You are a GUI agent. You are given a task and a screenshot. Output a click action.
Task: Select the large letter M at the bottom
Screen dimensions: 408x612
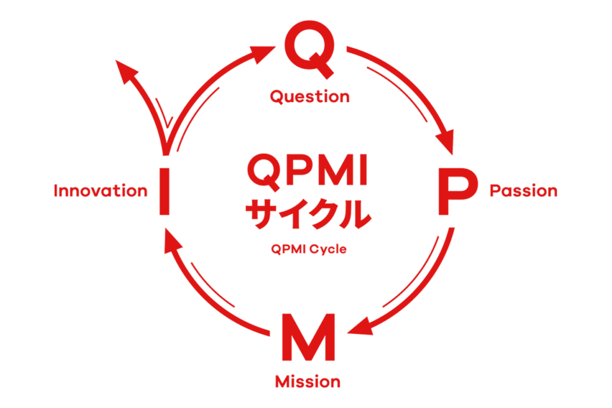click(x=308, y=339)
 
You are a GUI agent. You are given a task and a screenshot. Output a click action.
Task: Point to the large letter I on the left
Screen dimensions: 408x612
click(x=164, y=190)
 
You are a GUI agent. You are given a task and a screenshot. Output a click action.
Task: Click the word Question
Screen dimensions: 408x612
click(x=310, y=97)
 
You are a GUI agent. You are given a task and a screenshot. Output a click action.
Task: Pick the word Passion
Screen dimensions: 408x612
click(x=523, y=191)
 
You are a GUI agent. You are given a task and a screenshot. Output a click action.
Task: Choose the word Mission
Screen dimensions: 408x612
click(x=308, y=382)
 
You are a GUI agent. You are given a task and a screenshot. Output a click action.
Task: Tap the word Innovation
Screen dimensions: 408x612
click(x=101, y=191)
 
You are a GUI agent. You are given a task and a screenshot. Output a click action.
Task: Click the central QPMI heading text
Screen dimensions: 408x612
click(x=307, y=171)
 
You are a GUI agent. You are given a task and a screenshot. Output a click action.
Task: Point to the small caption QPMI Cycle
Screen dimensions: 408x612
click(x=309, y=250)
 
